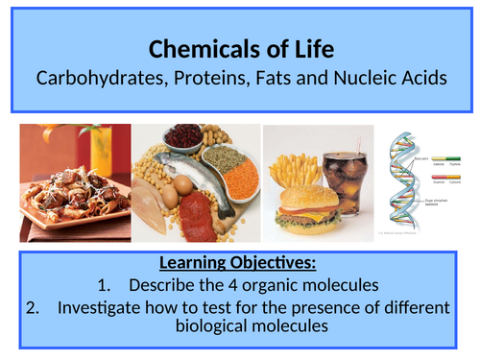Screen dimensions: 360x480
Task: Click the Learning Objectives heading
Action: pos(240,263)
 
